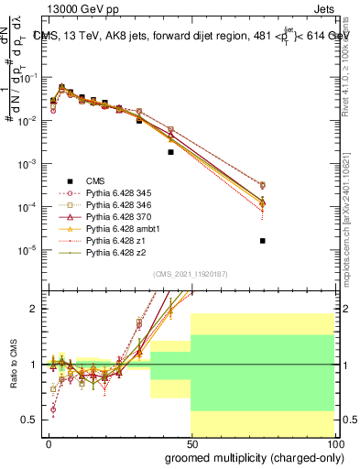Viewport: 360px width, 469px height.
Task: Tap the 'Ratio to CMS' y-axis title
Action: [14, 365]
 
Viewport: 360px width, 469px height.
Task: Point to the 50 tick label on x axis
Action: [191, 442]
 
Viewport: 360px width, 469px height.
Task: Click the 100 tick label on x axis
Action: [333, 442]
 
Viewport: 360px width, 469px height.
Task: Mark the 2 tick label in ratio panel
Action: [33, 309]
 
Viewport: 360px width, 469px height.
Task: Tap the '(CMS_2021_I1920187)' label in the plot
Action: [191, 274]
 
